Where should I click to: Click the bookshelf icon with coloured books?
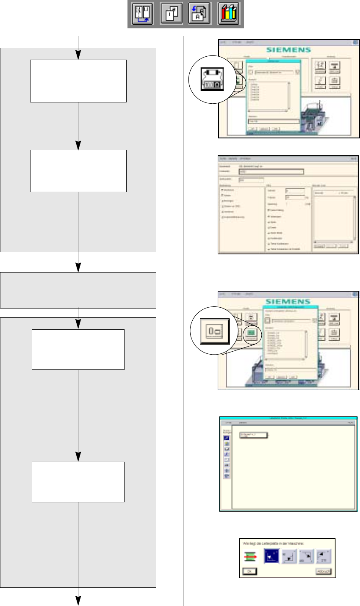point(229,14)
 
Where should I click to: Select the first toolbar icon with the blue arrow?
point(142,14)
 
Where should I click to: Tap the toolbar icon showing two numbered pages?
point(172,14)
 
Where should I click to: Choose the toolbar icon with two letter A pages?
point(200,14)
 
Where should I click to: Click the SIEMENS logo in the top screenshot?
point(289,50)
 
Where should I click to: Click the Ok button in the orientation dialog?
point(249,571)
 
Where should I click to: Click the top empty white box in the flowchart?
point(78,81)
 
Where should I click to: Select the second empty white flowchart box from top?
point(78,171)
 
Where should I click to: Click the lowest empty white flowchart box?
point(78,482)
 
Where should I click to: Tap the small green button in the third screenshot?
point(251,333)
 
